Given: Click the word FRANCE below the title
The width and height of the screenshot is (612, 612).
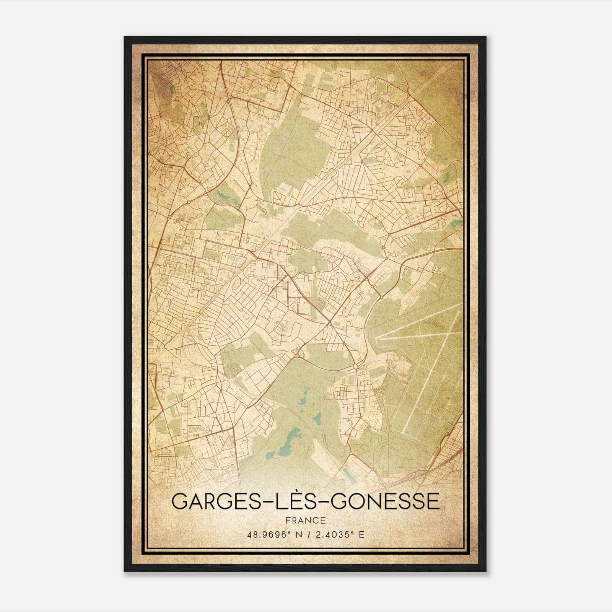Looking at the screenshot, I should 305,521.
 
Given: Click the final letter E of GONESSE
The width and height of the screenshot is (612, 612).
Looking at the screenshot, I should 434,501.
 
